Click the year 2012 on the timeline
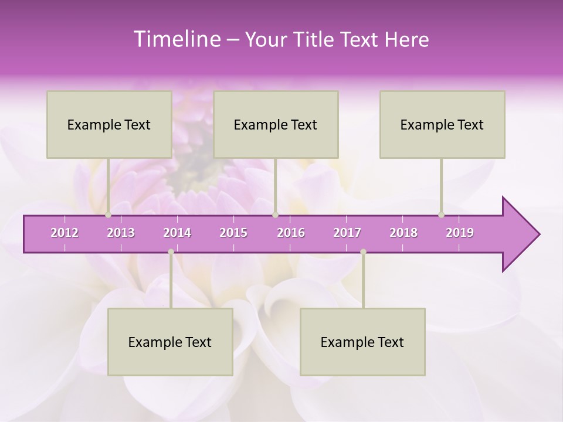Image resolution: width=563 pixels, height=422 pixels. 65,233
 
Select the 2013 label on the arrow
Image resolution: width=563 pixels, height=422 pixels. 121,233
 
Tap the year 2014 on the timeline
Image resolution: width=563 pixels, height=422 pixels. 177,233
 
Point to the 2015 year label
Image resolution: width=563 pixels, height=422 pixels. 233,233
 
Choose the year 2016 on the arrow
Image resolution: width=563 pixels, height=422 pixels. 291,233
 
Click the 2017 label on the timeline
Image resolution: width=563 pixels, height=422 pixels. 347,233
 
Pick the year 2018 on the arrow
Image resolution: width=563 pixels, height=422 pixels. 403,233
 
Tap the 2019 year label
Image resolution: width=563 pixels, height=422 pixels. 460,233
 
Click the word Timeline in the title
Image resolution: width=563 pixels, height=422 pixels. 176,39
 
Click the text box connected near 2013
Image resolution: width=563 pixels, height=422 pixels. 109,124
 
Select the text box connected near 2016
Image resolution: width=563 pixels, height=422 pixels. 276,124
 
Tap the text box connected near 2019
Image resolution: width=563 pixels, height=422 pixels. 442,124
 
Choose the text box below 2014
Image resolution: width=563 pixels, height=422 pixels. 170,342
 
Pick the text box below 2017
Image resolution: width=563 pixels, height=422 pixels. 362,342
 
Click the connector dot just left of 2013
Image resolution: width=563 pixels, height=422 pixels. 108,215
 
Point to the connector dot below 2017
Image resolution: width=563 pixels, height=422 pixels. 363,252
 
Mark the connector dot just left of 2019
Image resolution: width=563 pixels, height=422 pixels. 442,215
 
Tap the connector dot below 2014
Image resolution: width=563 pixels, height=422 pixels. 171,252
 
